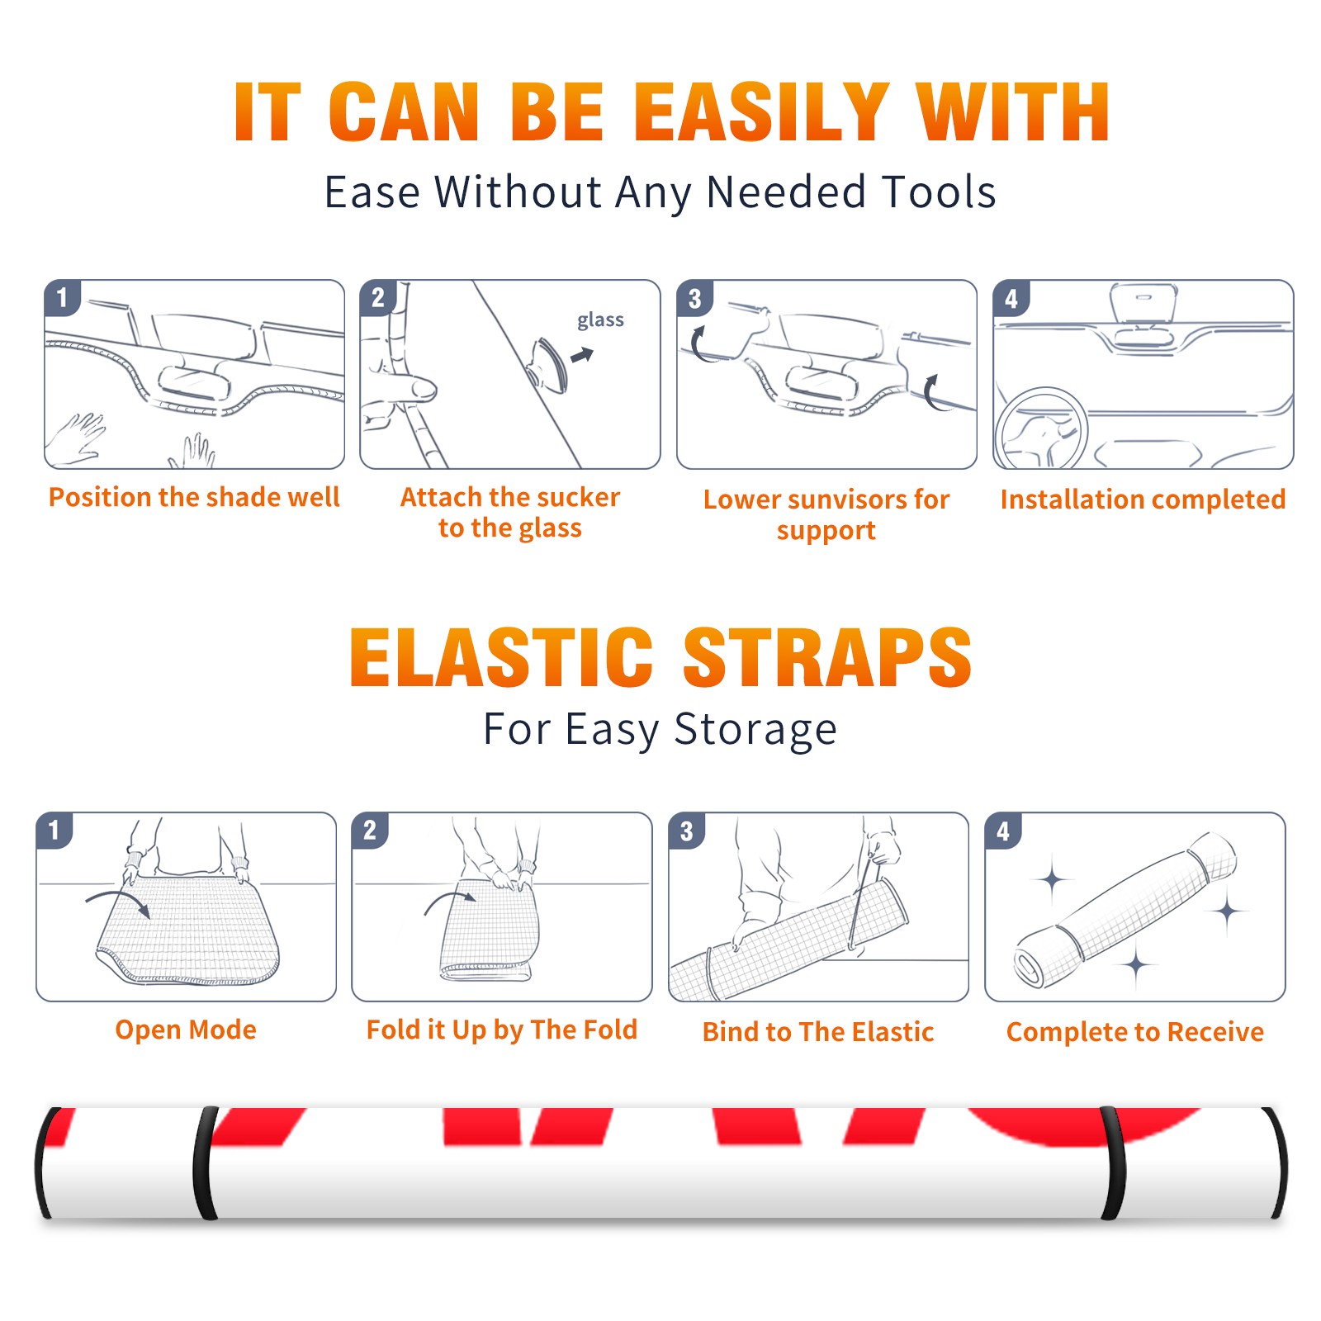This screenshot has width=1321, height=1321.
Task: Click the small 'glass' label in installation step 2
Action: pyautogui.click(x=600, y=320)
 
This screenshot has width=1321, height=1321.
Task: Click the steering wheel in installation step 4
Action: pyautogui.click(x=1041, y=429)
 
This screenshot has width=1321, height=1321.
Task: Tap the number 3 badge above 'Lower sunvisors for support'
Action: pyautogui.click(x=694, y=299)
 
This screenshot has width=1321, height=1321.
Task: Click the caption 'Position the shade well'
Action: pyautogui.click(x=194, y=497)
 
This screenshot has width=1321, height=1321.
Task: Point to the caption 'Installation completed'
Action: pyautogui.click(x=1143, y=500)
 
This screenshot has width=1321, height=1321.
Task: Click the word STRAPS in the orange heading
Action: pyautogui.click(x=827, y=657)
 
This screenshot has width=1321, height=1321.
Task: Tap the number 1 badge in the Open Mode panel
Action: pyautogui.click(x=54, y=831)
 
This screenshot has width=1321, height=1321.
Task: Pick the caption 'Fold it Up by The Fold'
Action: pyautogui.click(x=502, y=1030)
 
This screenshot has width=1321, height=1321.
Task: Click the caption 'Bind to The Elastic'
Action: pyautogui.click(x=818, y=1032)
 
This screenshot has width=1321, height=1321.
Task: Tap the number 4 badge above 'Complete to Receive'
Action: pyautogui.click(x=1003, y=831)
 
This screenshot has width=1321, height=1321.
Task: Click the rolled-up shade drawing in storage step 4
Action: pyautogui.click(x=1126, y=911)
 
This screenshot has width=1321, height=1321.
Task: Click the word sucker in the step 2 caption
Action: pyautogui.click(x=577, y=497)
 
